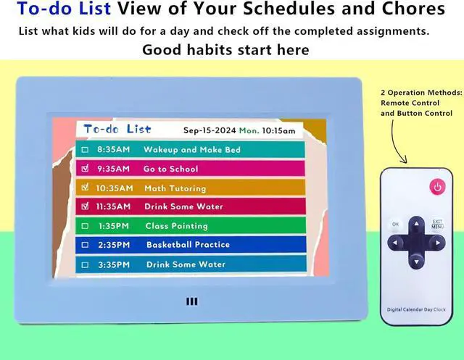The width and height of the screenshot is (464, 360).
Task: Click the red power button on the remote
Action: pos(436,187)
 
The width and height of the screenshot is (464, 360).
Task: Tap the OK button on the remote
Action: pos(395,225)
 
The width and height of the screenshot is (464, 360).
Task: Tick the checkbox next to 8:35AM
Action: pos(85,150)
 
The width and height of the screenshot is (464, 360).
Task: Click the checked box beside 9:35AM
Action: pos(85,169)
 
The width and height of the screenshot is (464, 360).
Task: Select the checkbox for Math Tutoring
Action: pos(85,188)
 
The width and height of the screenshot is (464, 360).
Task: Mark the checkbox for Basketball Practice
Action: pos(85,245)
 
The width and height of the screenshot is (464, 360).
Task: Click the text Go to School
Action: pos(170,169)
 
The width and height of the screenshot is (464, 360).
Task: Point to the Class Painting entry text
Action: pos(176,226)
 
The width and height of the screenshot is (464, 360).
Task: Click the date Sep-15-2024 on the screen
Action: pos(209,131)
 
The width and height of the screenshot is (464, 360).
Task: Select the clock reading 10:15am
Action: pos(278,131)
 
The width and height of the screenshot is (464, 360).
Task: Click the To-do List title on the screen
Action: pos(117,129)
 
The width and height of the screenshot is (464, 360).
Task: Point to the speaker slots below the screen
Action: pos(191,302)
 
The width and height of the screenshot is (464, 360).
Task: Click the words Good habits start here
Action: pos(225,50)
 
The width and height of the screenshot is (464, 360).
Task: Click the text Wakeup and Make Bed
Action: pos(192,150)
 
